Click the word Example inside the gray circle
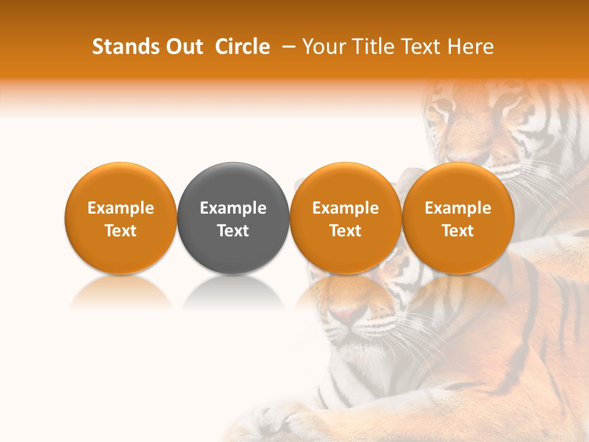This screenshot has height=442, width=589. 233,208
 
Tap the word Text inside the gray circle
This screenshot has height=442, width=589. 233,231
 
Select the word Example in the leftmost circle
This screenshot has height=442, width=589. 121,208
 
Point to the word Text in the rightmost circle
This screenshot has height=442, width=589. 458,231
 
